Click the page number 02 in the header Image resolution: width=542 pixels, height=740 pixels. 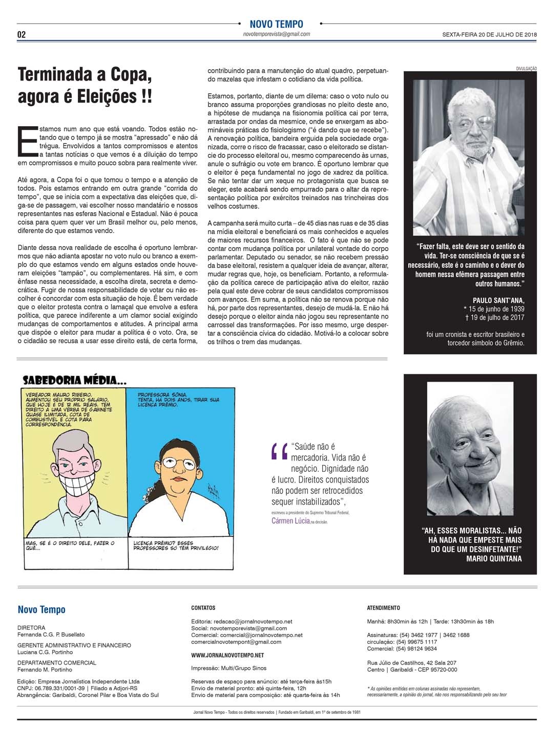22,34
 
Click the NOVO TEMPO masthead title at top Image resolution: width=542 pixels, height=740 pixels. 276,24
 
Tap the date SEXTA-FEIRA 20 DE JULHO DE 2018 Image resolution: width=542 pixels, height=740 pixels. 489,35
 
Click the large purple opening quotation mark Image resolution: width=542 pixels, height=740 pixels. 278,451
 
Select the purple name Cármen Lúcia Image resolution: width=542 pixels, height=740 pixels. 290,521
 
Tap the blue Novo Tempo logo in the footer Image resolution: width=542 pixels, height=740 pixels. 41,610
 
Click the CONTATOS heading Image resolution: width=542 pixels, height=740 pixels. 203,608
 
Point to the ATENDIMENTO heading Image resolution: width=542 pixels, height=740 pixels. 383,608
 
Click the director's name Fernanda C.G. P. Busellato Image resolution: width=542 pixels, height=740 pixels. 51,634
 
